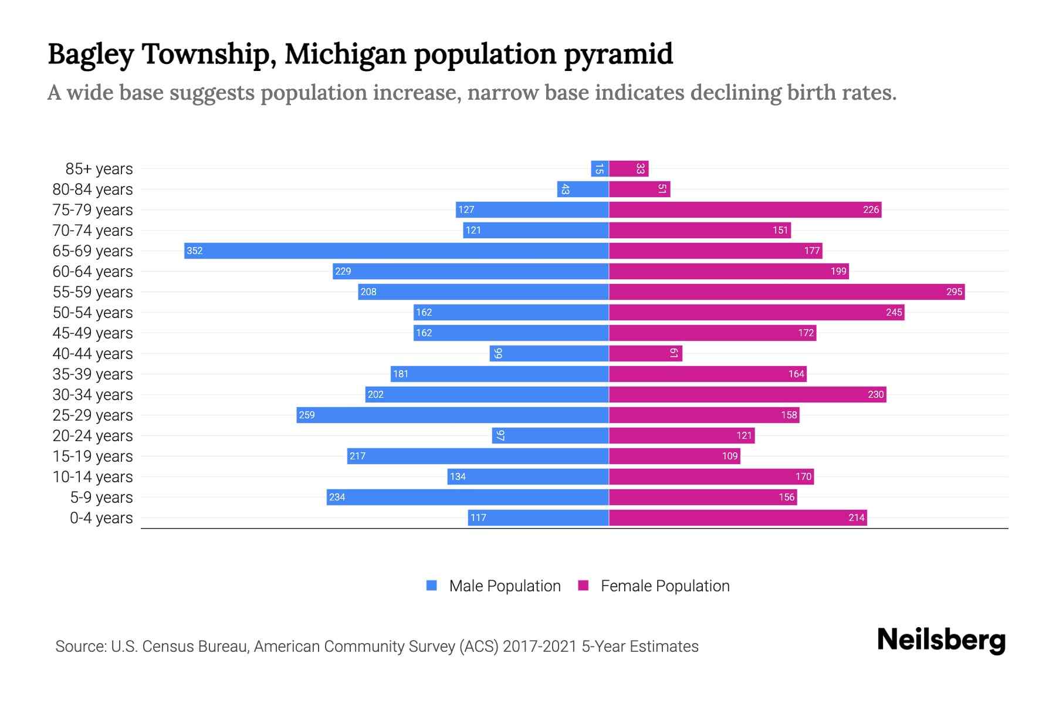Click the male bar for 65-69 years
click(x=396, y=251)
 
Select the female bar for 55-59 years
click(x=786, y=292)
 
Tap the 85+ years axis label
click(x=99, y=169)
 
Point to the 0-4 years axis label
click(x=101, y=518)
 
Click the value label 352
click(x=194, y=251)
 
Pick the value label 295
click(x=954, y=292)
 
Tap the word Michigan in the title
click(x=345, y=54)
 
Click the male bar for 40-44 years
click(x=549, y=353)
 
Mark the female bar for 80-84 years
click(x=639, y=189)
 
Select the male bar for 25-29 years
click(x=452, y=415)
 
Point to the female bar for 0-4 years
click(x=737, y=517)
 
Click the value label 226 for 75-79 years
click(x=871, y=209)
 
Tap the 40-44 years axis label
click(x=93, y=354)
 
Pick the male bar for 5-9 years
click(x=468, y=497)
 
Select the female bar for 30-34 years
click(x=747, y=394)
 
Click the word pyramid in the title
click(x=618, y=54)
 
